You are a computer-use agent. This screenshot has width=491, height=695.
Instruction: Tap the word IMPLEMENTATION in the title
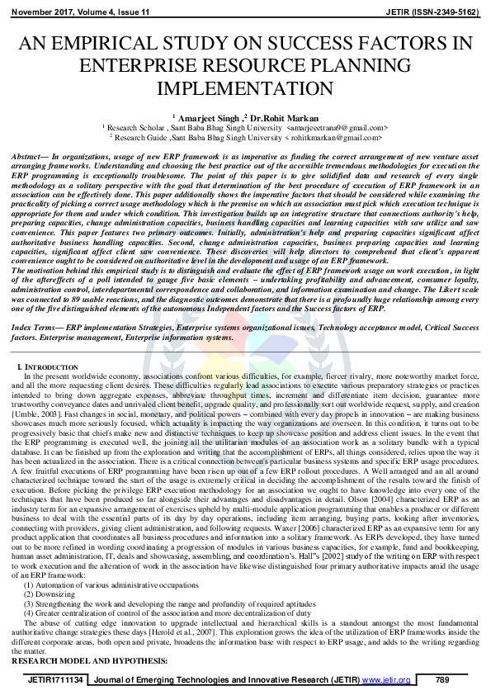(x=246, y=87)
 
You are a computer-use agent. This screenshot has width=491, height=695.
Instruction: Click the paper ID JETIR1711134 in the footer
(x=55, y=678)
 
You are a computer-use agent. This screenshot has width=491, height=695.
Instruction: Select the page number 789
(x=441, y=678)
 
